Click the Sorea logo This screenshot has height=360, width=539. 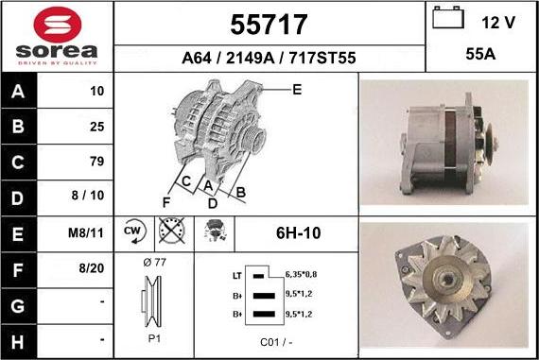point(56,37)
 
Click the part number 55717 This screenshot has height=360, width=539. point(269,23)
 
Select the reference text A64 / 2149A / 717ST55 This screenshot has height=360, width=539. point(269,59)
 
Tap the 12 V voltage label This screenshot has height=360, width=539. point(498,22)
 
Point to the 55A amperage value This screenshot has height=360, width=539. point(481,56)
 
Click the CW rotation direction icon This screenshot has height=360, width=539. point(133,231)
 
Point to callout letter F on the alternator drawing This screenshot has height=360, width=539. point(165,201)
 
